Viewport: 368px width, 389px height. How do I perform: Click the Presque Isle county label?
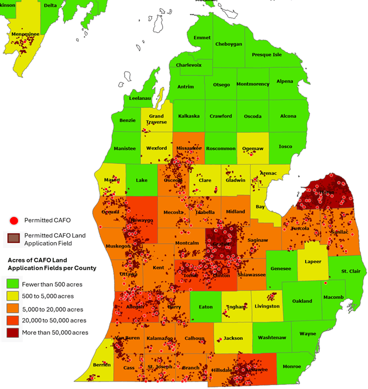click(267, 55)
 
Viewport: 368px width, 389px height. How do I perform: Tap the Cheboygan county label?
click(228, 44)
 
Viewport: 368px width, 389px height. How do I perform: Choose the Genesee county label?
click(281, 268)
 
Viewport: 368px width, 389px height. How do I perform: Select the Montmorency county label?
click(253, 84)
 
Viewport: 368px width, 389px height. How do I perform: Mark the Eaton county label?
click(206, 306)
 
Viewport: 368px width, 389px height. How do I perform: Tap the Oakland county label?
click(302, 301)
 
